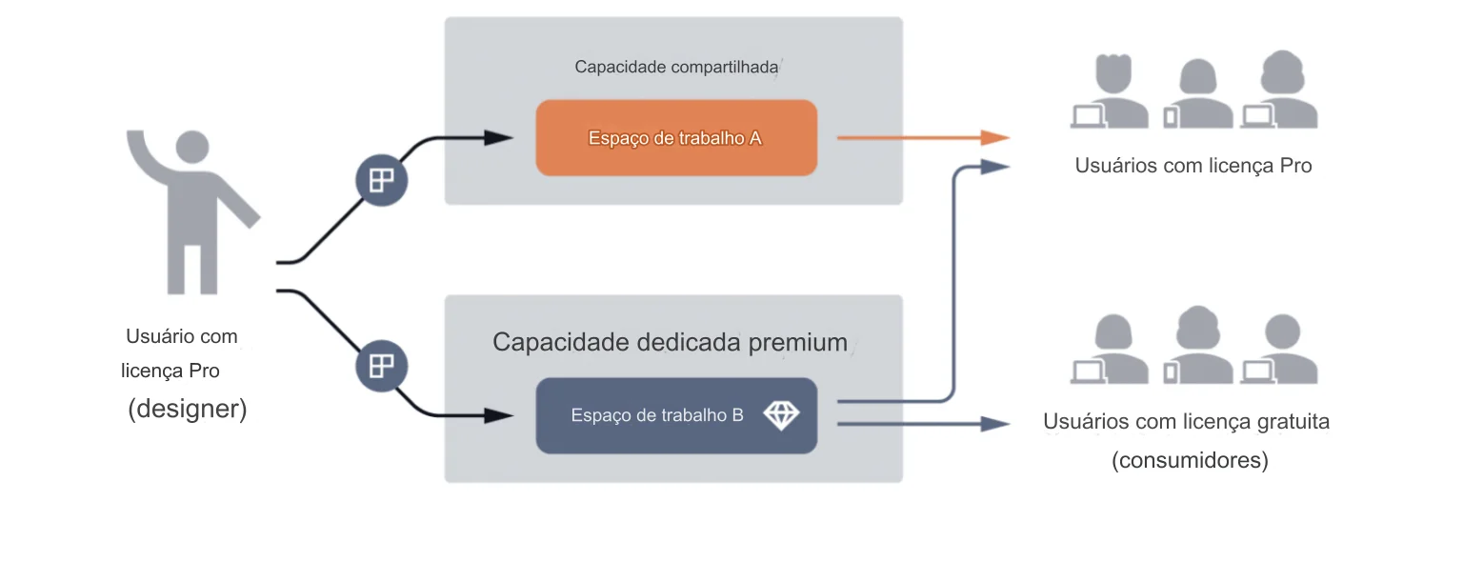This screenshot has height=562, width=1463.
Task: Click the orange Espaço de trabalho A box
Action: (675, 138)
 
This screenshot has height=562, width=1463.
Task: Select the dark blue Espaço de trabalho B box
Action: (675, 415)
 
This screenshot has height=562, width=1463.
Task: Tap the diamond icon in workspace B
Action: (781, 415)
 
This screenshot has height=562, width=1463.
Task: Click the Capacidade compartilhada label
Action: (676, 68)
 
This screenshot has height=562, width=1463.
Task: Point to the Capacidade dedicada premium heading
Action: (670, 343)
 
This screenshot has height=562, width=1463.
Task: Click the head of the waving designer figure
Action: (190, 147)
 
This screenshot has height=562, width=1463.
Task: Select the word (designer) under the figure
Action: (188, 409)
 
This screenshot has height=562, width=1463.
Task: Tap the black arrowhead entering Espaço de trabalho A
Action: (499, 138)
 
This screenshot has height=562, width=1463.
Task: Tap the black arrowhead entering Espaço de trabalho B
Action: (499, 415)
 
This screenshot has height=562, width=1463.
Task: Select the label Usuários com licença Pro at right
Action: (1193, 166)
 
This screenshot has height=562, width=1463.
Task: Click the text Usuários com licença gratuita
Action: (1186, 421)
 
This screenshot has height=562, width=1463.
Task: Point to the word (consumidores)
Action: (1190, 461)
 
